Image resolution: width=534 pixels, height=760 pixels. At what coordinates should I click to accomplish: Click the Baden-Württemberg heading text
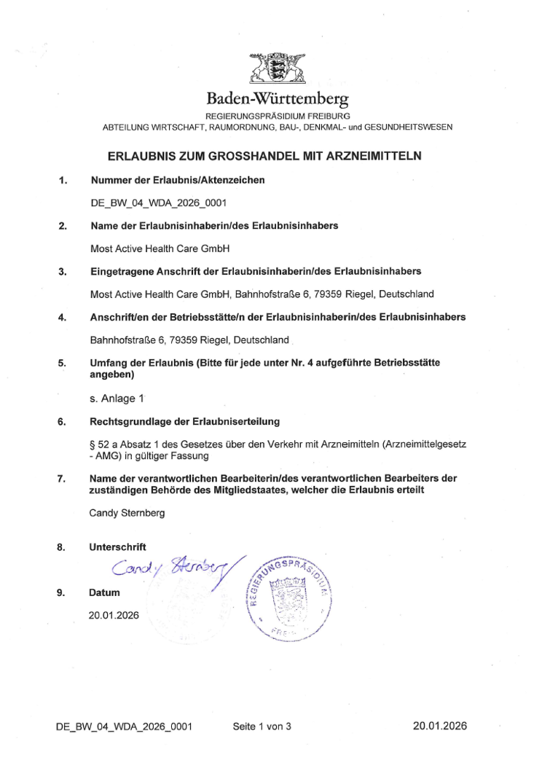(x=278, y=98)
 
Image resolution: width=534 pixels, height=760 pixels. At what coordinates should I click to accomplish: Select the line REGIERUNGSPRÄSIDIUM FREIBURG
(x=278, y=117)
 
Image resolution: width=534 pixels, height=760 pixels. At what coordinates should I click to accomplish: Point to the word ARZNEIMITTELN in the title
(x=381, y=155)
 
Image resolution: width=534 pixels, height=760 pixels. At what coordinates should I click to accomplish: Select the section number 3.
(x=63, y=273)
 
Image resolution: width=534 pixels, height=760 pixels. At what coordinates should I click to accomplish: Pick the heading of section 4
(x=278, y=317)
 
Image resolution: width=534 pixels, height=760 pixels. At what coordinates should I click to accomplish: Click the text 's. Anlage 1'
(x=117, y=399)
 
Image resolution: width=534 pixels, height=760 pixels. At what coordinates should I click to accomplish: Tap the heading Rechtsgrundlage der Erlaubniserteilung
(x=184, y=422)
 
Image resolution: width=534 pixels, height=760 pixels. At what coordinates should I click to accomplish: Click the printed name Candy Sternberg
(x=127, y=513)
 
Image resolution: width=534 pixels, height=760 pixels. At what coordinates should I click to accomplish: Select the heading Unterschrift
(x=117, y=547)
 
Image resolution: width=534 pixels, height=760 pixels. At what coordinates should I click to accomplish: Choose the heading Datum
(x=104, y=592)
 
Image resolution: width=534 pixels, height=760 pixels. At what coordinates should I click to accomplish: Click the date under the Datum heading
(x=114, y=615)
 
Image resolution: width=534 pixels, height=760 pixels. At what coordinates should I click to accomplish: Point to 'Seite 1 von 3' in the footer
(x=262, y=726)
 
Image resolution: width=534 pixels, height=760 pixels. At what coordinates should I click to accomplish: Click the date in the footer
(x=439, y=726)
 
